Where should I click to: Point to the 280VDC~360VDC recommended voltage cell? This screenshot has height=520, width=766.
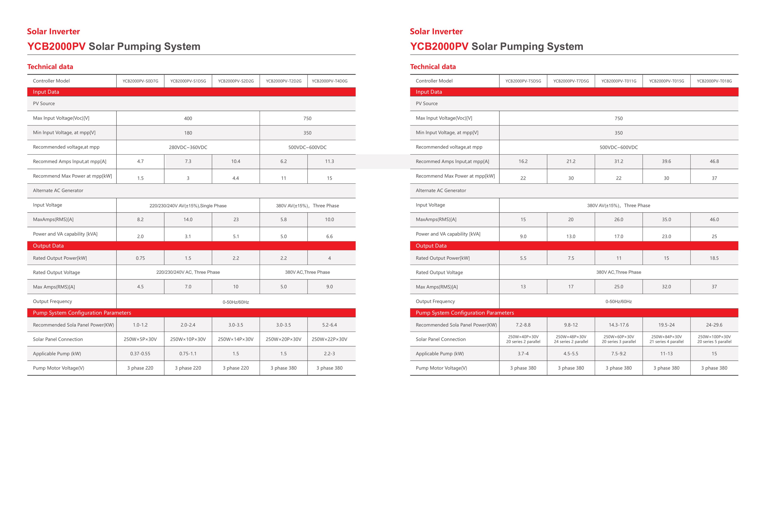click(x=188, y=147)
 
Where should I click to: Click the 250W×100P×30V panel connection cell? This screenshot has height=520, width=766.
click(x=714, y=339)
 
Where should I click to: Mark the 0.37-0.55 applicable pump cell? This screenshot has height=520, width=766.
click(x=140, y=354)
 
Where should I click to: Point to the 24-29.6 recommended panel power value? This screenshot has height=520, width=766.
click(x=714, y=325)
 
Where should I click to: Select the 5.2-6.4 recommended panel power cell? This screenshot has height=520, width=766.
click(x=330, y=325)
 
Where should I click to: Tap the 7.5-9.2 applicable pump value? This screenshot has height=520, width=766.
click(x=619, y=354)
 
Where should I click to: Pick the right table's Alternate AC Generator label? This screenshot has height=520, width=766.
click(x=441, y=191)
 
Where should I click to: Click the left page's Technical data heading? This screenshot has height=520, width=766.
click(x=50, y=67)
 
